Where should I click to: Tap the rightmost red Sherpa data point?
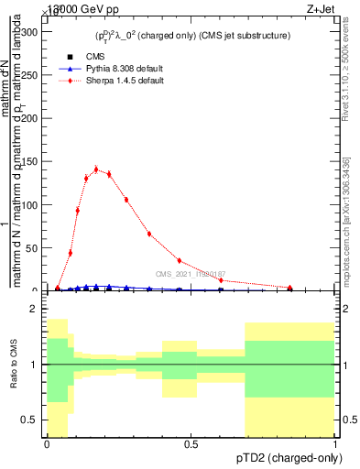(290, 288)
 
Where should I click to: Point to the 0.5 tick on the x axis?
(191, 444)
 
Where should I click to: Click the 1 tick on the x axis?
(336, 444)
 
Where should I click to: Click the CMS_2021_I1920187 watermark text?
(191, 274)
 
